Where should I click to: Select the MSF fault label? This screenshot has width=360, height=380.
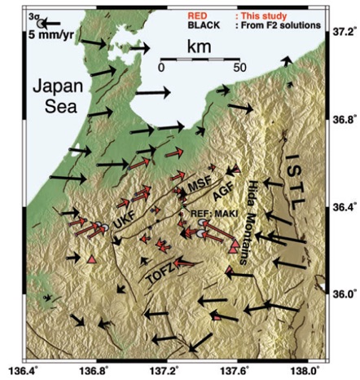[200, 184]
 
